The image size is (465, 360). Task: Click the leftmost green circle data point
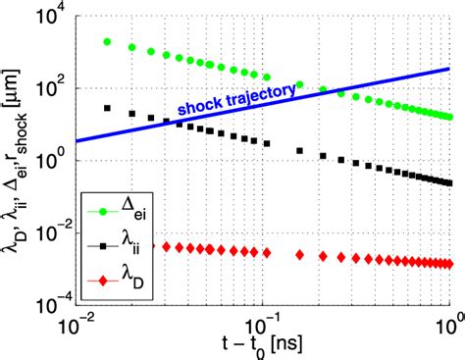point(107,41)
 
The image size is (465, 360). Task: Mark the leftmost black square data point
point(107,108)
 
